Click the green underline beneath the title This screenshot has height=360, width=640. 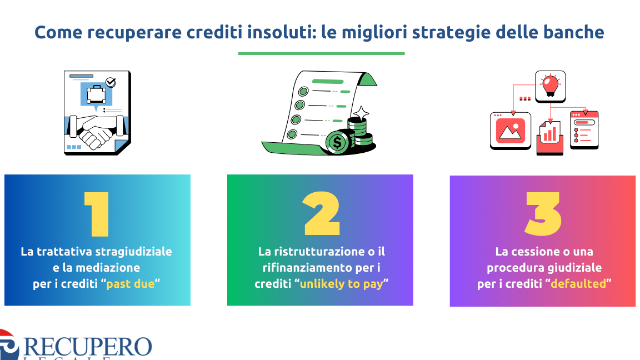tap(321, 53)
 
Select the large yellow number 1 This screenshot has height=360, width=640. tap(97, 214)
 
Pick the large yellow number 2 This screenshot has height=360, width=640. tap(322, 214)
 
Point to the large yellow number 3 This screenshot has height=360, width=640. tap(543, 214)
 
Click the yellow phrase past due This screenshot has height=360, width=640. tap(131, 284)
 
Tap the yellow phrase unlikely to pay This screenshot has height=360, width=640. tap(342, 284)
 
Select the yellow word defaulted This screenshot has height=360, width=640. tap(578, 284)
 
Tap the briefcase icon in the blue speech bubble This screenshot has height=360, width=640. tap(96, 94)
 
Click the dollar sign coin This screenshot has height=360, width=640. tap(338, 142)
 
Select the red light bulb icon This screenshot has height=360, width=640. tap(550, 86)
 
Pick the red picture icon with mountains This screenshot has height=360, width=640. tap(510, 131)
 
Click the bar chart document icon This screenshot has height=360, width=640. tap(550, 137)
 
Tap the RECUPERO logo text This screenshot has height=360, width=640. tap(87, 347)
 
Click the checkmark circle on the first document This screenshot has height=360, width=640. tap(111, 82)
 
